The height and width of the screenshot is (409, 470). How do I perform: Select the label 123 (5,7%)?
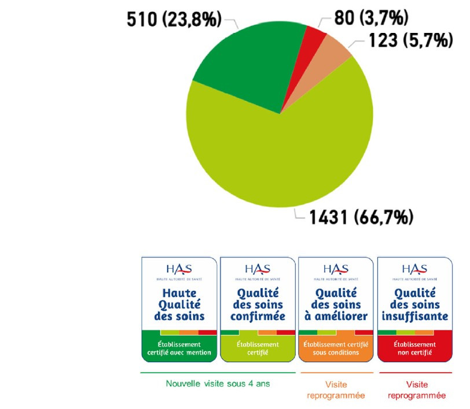(x=409, y=42)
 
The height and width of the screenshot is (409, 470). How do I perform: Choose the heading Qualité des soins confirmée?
(x=258, y=304)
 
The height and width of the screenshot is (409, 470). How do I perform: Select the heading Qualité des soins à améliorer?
(x=336, y=304)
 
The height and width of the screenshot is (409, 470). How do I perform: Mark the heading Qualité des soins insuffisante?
(x=414, y=304)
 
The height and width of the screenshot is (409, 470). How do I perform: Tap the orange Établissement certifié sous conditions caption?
(x=336, y=348)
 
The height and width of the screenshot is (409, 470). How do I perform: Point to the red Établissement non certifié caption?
(x=414, y=348)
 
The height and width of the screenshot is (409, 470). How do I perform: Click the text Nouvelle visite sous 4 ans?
(x=218, y=384)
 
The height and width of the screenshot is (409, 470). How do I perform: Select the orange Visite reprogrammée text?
(x=336, y=390)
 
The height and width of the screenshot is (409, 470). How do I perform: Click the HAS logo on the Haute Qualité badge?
(x=179, y=270)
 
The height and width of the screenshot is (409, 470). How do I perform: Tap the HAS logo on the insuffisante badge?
(x=414, y=270)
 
